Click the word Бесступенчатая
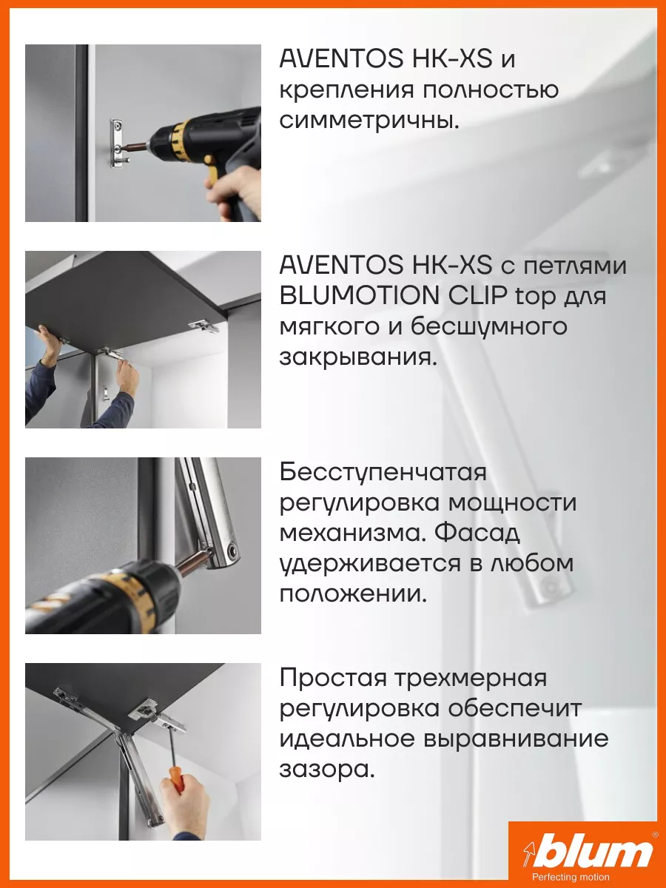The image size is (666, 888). [383, 473]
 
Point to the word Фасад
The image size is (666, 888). [477, 534]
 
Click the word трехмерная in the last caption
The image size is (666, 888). [471, 678]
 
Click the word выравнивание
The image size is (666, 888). [517, 739]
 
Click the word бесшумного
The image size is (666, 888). [489, 326]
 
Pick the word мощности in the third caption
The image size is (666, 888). [512, 503]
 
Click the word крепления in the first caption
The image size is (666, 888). [346, 90]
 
